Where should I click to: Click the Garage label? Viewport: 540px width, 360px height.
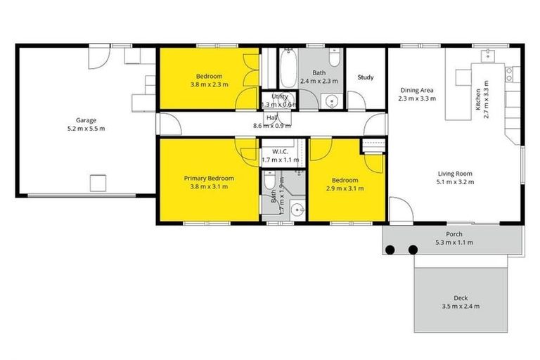click(x=86, y=120)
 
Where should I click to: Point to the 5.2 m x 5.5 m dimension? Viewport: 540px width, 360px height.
click(x=86, y=129)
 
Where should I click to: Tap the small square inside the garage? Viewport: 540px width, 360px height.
click(x=97, y=184)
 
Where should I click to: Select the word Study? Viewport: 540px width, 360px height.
click(x=366, y=77)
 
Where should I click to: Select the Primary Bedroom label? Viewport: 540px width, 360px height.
click(x=209, y=179)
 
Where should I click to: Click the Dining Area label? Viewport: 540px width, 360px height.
click(x=417, y=90)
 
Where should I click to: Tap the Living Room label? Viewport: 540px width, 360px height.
click(x=456, y=173)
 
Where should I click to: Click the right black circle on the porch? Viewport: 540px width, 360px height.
click(x=413, y=249)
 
